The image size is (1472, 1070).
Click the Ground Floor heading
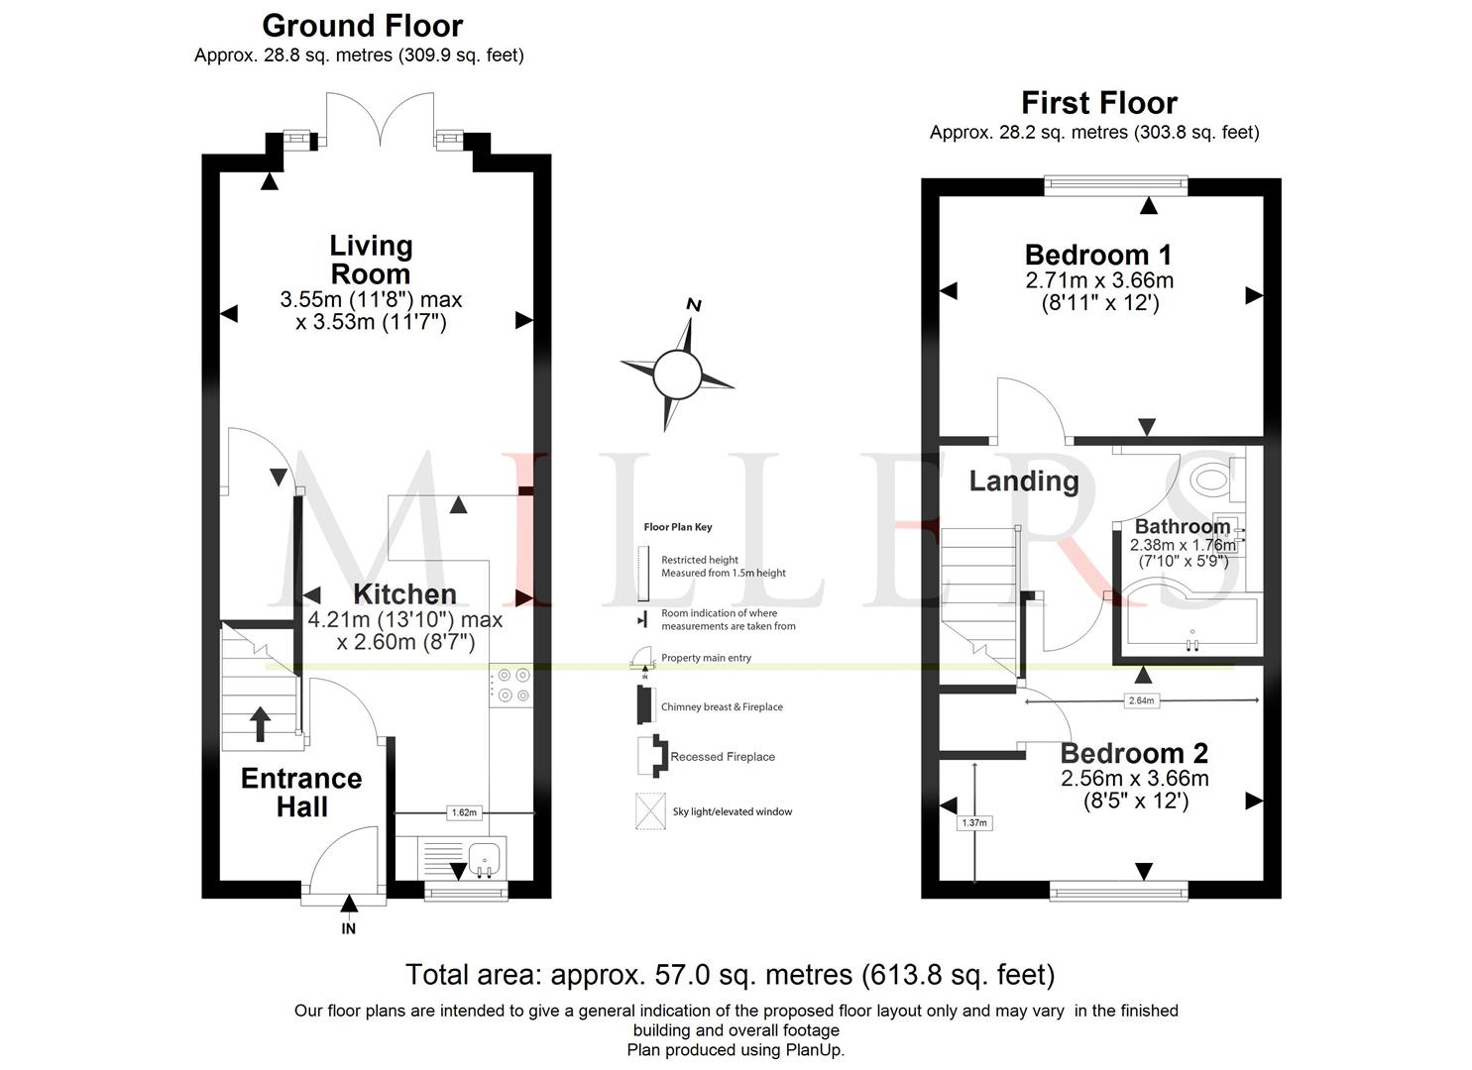click(x=362, y=27)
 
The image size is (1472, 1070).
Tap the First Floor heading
click(x=1098, y=103)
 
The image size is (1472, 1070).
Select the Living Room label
click(x=371, y=260)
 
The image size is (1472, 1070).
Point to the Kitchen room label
click(x=404, y=593)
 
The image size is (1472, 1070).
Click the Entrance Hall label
click(x=301, y=793)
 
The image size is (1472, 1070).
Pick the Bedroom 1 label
click(x=1098, y=255)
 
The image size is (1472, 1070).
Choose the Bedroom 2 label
click(x=1134, y=753)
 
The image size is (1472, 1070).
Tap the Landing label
click(x=1024, y=481)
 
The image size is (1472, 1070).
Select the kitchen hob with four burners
click(x=511, y=685)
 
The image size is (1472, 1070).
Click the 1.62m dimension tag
click(x=464, y=812)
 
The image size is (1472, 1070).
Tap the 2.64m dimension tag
click(x=1141, y=700)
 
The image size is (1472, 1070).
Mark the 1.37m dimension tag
click(x=974, y=822)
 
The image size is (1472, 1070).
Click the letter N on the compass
click(x=694, y=305)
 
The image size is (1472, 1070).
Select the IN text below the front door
click(x=348, y=928)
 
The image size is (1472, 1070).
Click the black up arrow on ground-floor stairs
click(x=261, y=724)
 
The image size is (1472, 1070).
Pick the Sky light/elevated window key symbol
click(x=650, y=811)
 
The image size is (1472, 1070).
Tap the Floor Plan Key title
click(x=677, y=527)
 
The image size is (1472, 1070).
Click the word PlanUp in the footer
click(x=814, y=1049)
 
